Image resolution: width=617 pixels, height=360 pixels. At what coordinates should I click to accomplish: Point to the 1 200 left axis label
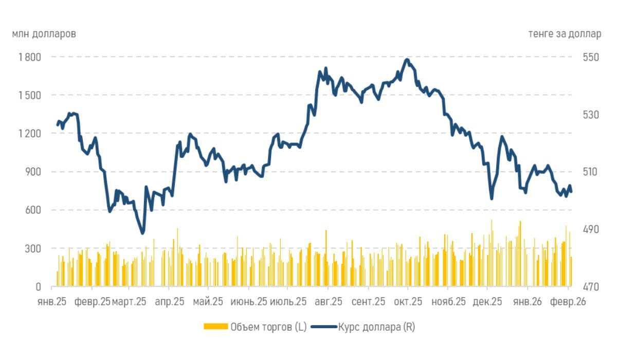click(x=30, y=133)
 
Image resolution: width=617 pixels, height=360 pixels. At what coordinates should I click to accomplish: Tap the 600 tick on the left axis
click(x=34, y=210)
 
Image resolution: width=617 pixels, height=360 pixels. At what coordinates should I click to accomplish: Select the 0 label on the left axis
click(x=39, y=286)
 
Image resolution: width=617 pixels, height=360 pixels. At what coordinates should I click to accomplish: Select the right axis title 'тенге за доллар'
click(x=564, y=34)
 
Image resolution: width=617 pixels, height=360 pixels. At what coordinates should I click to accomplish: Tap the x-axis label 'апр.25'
click(x=169, y=302)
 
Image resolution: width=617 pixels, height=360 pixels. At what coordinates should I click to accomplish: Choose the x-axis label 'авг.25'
click(x=328, y=302)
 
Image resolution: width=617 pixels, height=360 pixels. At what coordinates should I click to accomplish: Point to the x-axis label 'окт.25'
click(x=408, y=302)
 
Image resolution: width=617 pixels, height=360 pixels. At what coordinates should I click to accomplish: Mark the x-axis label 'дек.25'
click(x=487, y=302)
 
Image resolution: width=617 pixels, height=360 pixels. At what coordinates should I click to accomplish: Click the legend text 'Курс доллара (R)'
click(x=376, y=327)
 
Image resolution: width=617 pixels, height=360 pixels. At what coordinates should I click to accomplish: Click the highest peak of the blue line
click(x=407, y=60)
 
